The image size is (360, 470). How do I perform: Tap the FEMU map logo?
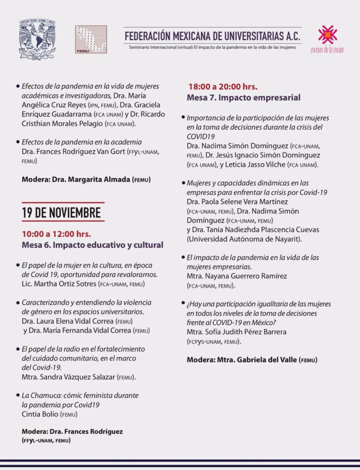click(x=91, y=39)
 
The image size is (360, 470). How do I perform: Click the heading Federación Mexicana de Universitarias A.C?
click(x=212, y=36)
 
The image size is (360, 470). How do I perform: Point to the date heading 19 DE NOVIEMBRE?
click(x=62, y=213)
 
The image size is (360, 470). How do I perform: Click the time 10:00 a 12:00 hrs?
click(x=56, y=234)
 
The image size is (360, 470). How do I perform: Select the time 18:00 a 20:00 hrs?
click(x=223, y=86)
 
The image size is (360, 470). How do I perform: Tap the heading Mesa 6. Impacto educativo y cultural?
click(x=93, y=245)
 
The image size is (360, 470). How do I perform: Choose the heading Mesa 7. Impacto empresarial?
click(x=243, y=98)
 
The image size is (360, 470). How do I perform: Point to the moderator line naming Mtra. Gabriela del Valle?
click(x=252, y=360)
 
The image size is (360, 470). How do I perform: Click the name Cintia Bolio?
click(x=43, y=414)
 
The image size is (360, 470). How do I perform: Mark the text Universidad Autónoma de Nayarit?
click(x=244, y=239)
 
